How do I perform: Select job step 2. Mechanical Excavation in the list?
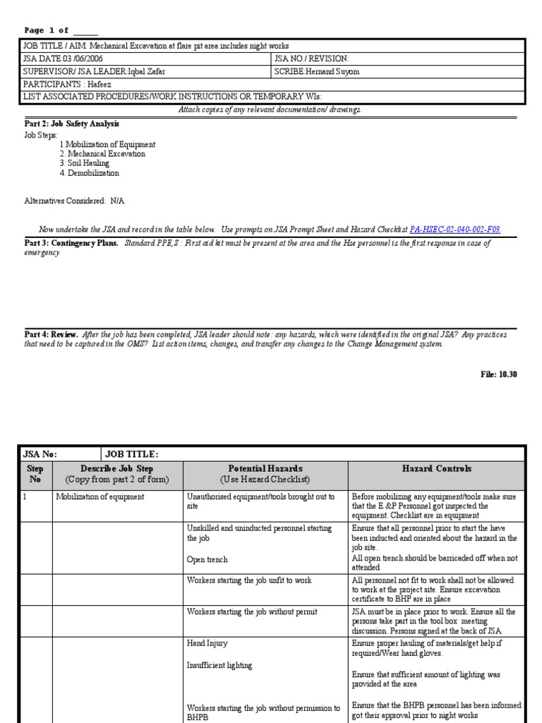[x=102, y=154]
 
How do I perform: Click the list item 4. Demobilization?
[x=89, y=173]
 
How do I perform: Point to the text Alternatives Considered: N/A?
[x=74, y=201]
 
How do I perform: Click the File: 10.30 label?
[x=498, y=374]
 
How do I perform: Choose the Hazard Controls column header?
[x=436, y=468]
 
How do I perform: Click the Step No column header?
[x=35, y=473]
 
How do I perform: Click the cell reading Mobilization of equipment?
[x=100, y=496]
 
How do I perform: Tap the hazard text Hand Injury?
[x=207, y=644]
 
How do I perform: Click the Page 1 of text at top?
[x=47, y=30]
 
